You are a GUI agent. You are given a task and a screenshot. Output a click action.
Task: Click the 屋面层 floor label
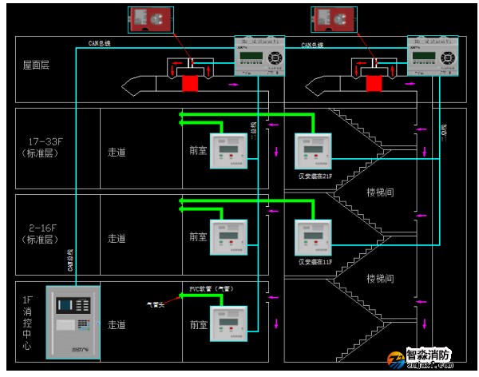click(x=36, y=64)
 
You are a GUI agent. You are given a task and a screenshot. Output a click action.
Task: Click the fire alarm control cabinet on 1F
click(x=73, y=320)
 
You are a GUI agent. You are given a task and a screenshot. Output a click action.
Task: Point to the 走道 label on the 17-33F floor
click(x=117, y=151)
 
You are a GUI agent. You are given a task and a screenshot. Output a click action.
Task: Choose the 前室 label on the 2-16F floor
click(x=199, y=237)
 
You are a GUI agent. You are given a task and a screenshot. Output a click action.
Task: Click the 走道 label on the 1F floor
click(x=117, y=324)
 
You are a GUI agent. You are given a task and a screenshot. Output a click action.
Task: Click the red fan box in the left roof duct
click(x=190, y=83)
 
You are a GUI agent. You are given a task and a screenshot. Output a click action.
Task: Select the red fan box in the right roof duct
click(x=372, y=83)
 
